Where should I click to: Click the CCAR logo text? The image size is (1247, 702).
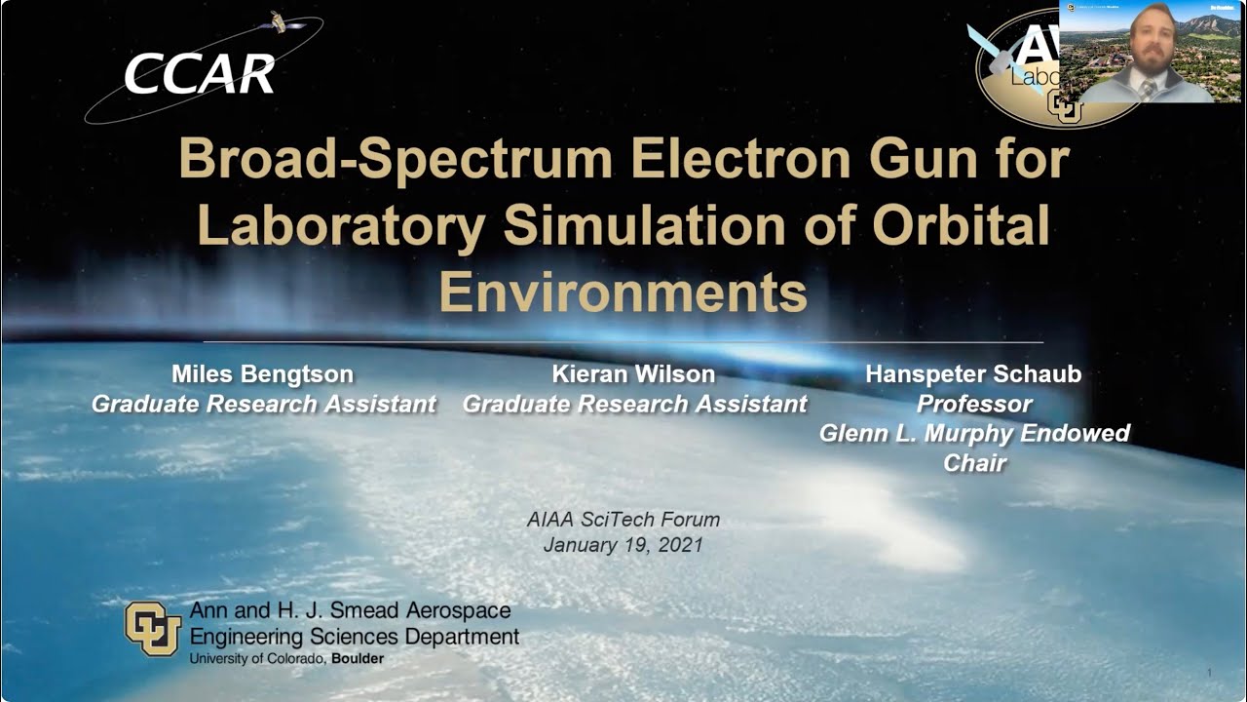coord(199,73)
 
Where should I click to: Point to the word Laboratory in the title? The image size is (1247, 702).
coord(340,225)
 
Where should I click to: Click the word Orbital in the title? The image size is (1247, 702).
coord(961,225)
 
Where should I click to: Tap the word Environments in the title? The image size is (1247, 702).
coord(623,292)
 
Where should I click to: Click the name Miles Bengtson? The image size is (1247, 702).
coord(262,374)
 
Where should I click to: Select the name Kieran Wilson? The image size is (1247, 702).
coord(633,374)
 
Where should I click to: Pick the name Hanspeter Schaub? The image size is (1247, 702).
coord(973,374)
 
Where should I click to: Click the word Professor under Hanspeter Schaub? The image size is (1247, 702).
coord(974,404)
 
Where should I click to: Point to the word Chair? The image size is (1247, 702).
coord(974,462)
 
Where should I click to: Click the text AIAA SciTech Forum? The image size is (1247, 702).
coord(623,520)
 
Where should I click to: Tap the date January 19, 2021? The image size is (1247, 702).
coord(623,545)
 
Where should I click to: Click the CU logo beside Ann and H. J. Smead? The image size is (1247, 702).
coord(153,629)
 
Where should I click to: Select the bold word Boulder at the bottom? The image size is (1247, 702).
coord(358,659)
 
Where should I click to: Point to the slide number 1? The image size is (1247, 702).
coord(1209,674)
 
